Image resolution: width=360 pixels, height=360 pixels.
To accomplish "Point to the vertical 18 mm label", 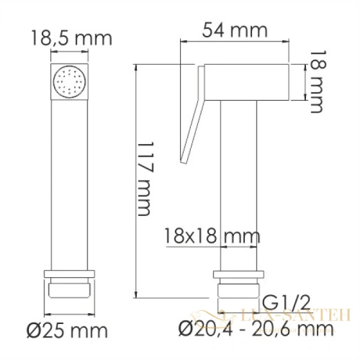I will pos(316,83).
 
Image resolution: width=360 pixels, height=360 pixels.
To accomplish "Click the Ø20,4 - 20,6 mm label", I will pos(256,328).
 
